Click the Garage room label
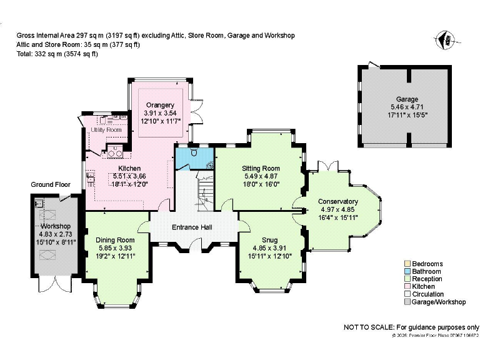pos(407,99)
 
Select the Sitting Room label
pos(261,169)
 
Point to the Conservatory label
pos(337,201)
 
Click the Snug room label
pos(269,239)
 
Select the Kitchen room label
pos(130,169)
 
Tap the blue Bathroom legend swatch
pos(406,272)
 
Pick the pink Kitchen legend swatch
pos(406,287)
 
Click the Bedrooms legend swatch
pos(406,264)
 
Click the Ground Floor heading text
pos(51,185)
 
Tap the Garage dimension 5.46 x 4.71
pos(407,107)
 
